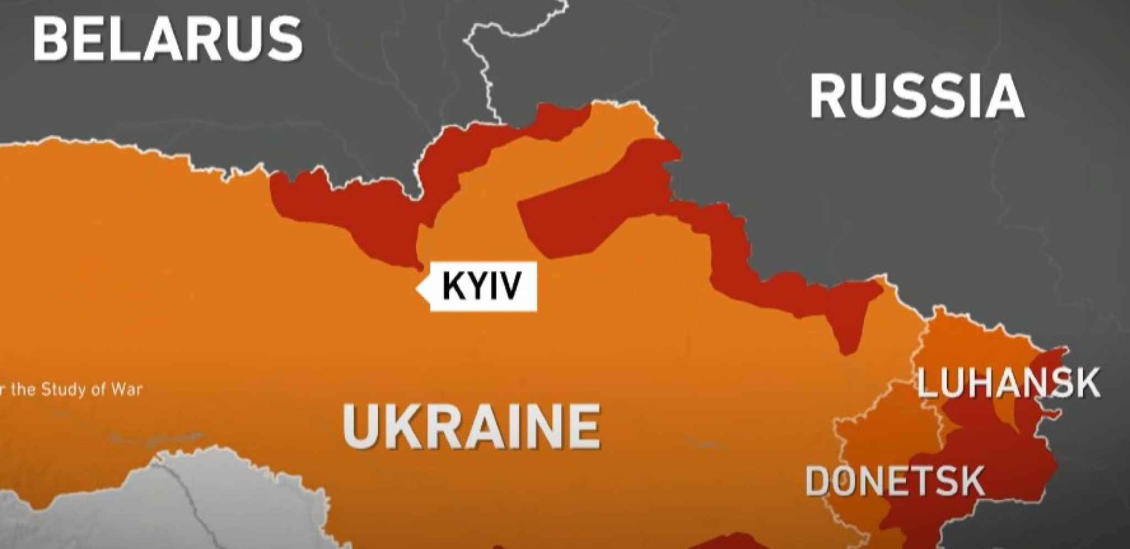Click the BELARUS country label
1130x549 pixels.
pos(167,38)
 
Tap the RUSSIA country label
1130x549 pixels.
pos(916,97)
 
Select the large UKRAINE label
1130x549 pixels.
pos(472,426)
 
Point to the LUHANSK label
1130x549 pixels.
pos(1008,384)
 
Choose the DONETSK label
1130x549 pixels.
pos(895,481)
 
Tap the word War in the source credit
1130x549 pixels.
pos(127,390)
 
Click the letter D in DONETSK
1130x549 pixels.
pos(819,481)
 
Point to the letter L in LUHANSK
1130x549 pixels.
pos(927,384)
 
